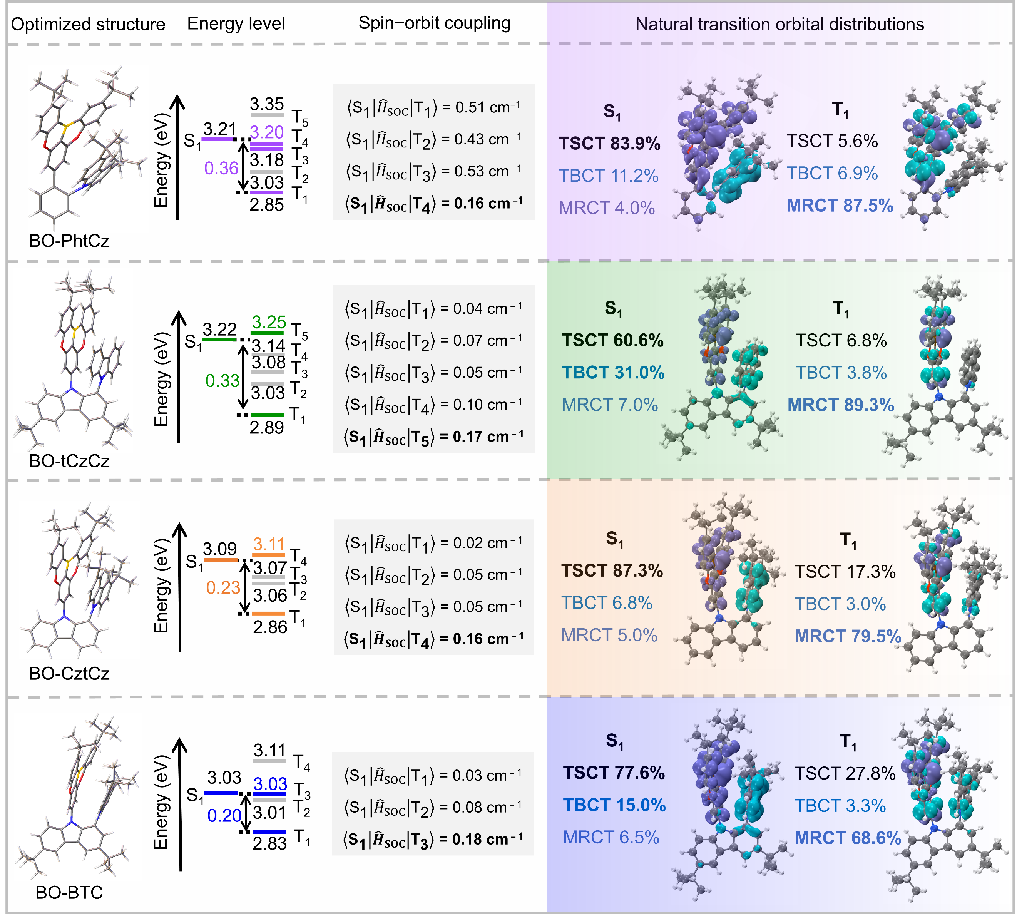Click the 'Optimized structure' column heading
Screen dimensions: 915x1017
(x=88, y=24)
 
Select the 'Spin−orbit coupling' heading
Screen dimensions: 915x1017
(x=434, y=23)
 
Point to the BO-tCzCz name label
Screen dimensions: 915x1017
(x=69, y=460)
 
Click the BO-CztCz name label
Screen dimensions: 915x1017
(x=69, y=673)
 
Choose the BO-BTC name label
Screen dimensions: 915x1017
(x=69, y=892)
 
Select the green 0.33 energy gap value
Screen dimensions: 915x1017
(x=222, y=381)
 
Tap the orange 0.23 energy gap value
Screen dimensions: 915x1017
(x=223, y=587)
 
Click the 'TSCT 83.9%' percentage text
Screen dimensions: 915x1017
(x=609, y=143)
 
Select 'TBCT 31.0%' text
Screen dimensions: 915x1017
(x=613, y=373)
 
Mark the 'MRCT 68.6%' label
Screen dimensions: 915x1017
(x=848, y=838)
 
